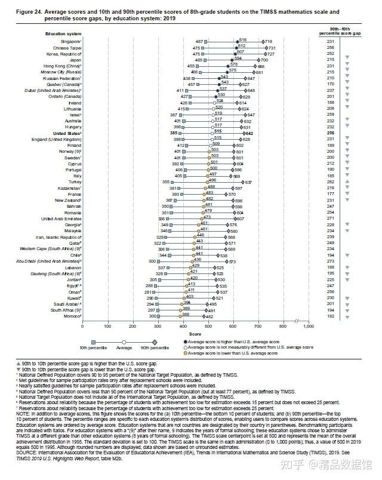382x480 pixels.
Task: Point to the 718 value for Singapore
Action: pos(269,41)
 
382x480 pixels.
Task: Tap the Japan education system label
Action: pos(75,60)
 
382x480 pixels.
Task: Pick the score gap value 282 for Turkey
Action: pos(329,182)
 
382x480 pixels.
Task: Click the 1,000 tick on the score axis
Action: pos(309,327)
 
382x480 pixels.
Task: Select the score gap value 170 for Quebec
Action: pos(329,84)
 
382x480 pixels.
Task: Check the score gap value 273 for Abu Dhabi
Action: pos(329,261)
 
